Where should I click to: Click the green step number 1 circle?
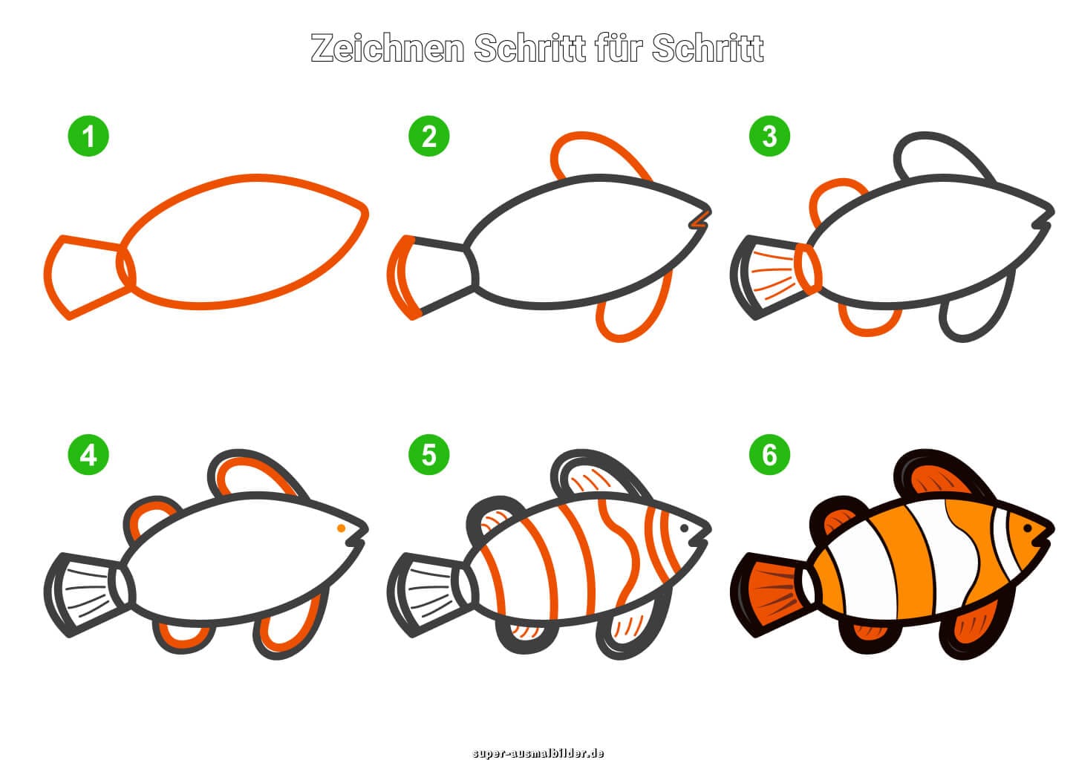click(88, 137)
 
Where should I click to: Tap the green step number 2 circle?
click(428, 137)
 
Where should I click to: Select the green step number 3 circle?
click(769, 137)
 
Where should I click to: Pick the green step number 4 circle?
click(88, 454)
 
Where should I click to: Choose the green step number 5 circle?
click(428, 454)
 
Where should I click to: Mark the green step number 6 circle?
click(769, 454)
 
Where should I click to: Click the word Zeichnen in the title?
click(388, 49)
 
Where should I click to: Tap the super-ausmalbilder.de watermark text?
click(538, 753)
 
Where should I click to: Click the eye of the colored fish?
click(1028, 528)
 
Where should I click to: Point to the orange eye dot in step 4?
click(340, 528)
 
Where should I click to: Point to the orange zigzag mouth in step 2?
click(700, 218)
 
